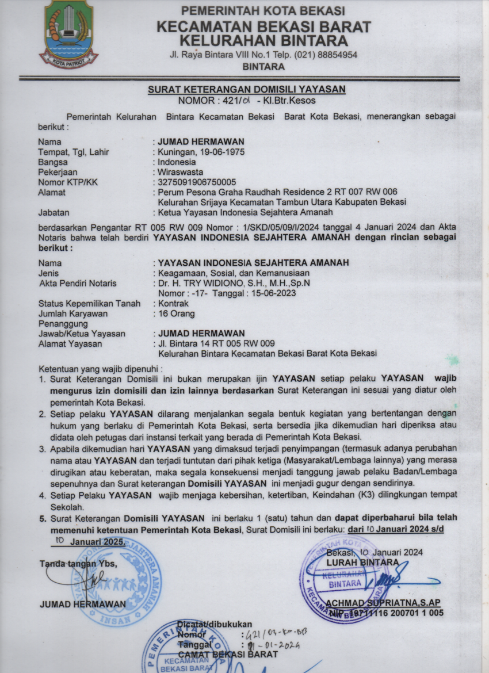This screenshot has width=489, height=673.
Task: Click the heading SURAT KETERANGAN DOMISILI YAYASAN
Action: click(x=246, y=89)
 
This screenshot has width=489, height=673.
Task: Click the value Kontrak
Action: click(x=173, y=304)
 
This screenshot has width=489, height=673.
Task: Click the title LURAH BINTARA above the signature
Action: click(x=362, y=562)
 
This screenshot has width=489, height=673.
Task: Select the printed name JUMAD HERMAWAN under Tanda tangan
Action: click(x=83, y=605)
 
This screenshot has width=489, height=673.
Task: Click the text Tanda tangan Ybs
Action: click(x=78, y=564)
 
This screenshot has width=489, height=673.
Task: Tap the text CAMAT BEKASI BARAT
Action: click(x=228, y=654)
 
